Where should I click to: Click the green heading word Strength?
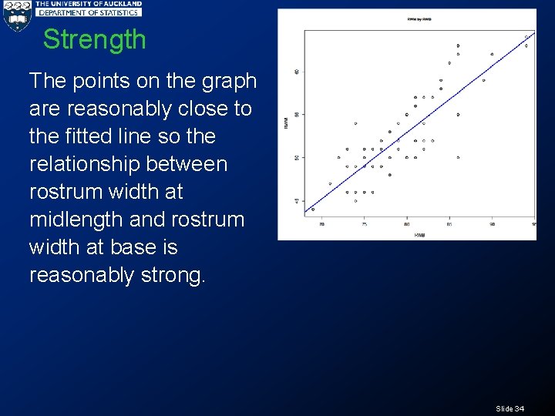[94, 39]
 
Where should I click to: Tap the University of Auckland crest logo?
[16, 15]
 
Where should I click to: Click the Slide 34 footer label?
[510, 408]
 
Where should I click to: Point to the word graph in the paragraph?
[227, 81]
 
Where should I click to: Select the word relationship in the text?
[84, 164]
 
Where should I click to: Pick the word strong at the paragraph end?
[170, 275]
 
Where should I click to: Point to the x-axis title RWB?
[419, 234]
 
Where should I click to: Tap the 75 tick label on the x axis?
[365, 224]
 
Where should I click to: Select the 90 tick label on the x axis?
[492, 224]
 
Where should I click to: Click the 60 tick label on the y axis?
[297, 72]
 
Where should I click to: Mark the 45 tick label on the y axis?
[297, 201]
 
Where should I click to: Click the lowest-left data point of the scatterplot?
[313, 209]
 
